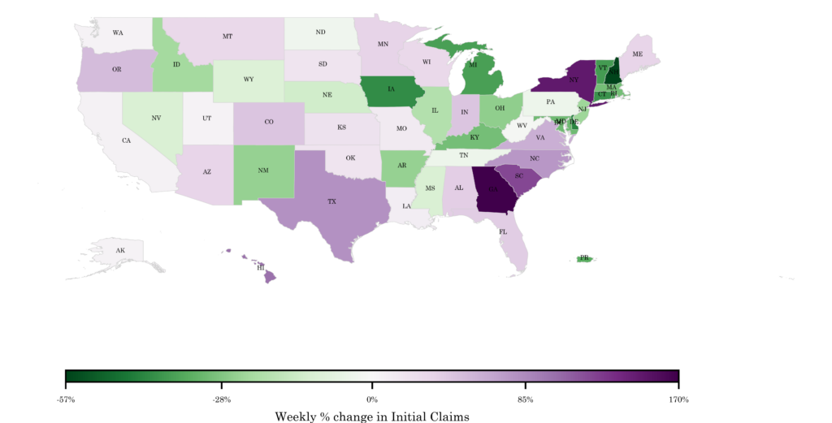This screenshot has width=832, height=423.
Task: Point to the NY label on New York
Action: tap(574, 80)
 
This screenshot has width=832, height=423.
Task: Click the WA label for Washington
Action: tap(118, 33)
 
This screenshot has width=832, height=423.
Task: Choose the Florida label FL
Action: tap(504, 231)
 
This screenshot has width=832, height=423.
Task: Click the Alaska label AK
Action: tap(120, 250)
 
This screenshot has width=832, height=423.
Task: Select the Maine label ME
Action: tap(637, 54)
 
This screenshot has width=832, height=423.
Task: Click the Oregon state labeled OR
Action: tap(116, 70)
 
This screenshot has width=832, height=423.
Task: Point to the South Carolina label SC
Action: tap(518, 175)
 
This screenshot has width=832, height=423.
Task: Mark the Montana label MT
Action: tap(227, 37)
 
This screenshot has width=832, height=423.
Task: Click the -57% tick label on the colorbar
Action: tap(66, 399)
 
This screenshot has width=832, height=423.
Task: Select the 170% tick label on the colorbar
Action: tap(678, 399)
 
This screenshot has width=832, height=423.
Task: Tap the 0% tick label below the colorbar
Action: tap(372, 399)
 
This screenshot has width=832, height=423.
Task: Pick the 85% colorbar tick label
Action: tap(526, 399)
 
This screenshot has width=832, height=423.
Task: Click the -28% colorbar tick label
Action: tap(221, 399)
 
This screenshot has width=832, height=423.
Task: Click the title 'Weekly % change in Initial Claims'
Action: tap(372, 416)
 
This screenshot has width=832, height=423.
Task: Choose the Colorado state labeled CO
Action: tap(268, 122)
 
